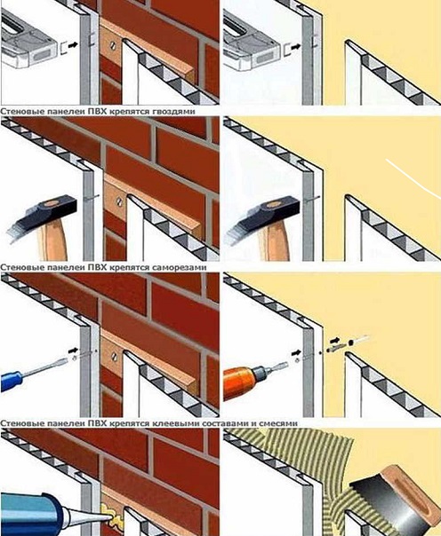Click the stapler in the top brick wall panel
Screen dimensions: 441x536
pyautogui.click(x=28, y=42)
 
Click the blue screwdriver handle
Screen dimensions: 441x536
pyautogui.click(x=11, y=381)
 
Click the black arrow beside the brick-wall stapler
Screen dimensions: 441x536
pyautogui.click(x=73, y=44)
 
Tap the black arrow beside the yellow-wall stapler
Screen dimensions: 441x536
pyautogui.click(x=296, y=45)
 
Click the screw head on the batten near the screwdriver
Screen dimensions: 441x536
pyautogui.click(x=114, y=357)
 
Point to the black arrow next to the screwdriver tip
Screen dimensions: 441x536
pyautogui.click(x=73, y=351)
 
